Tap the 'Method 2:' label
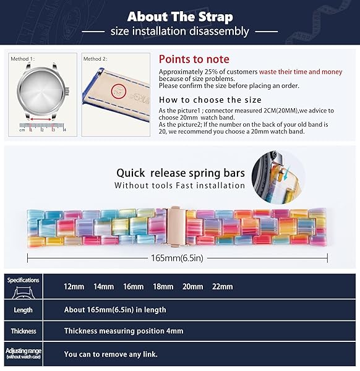[x=96, y=59]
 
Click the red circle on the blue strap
[x=116, y=92]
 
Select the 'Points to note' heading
[x=194, y=59]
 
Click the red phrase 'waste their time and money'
[x=301, y=72]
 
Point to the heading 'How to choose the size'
[x=210, y=100]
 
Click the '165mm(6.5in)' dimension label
[x=180, y=257]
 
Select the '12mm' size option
[x=74, y=287]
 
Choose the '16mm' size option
[x=133, y=287]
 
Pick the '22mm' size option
[x=222, y=287]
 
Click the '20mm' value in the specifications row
[x=192, y=287]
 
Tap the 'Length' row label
[x=24, y=310]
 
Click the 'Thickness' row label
[x=24, y=331]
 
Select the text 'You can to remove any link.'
[x=111, y=354]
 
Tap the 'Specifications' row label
[x=24, y=280]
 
